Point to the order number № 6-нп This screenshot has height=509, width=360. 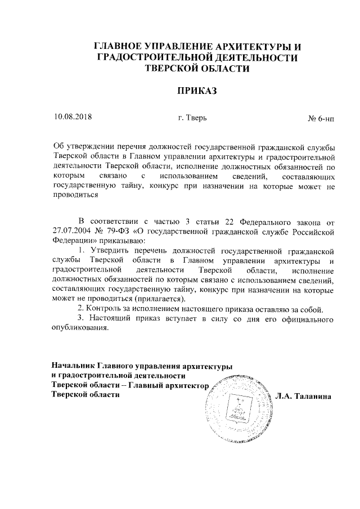[321, 119]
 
